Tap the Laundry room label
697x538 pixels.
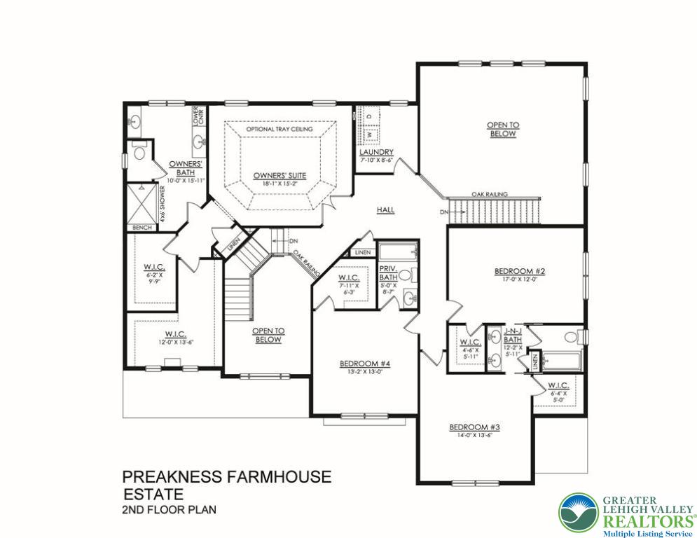(x=376, y=153)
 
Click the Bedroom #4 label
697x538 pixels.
(x=364, y=363)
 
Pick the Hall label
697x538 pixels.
(x=385, y=209)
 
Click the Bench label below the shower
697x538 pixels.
(x=142, y=228)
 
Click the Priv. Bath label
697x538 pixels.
(x=388, y=273)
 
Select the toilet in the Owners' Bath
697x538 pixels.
(x=139, y=151)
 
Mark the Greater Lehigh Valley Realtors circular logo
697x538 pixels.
(x=578, y=512)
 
